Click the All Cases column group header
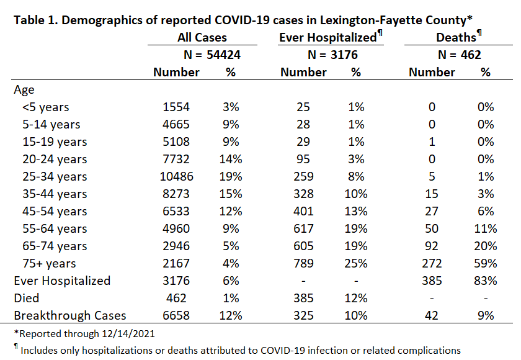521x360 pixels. [x=202, y=38]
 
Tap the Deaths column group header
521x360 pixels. [x=459, y=37]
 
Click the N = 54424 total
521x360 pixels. [x=212, y=55]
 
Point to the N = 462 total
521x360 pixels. [x=460, y=55]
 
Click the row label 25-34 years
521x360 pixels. [x=55, y=177]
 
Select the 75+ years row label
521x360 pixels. [x=49, y=264]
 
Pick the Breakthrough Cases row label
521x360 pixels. [x=70, y=315]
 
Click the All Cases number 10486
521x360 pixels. [x=176, y=176]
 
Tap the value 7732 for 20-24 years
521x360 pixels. [x=176, y=160]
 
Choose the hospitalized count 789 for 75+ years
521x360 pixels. [x=303, y=263]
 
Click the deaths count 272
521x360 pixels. [x=432, y=263]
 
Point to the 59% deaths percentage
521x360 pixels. [x=486, y=263]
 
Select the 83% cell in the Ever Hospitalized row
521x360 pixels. [x=486, y=281]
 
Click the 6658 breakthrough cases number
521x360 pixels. [x=176, y=315]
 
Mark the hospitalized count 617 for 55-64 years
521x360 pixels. [x=303, y=228]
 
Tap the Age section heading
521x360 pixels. [x=24, y=91]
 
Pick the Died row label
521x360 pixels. [x=27, y=298]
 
